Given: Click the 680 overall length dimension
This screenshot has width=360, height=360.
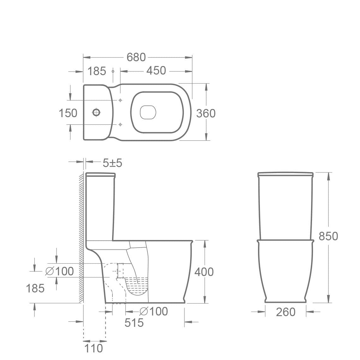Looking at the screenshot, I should [x=136, y=57].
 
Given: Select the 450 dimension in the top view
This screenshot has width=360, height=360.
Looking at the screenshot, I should [x=156, y=70].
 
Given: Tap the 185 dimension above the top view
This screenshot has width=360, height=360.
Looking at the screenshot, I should [x=97, y=71].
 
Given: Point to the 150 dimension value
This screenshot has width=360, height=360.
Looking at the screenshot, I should [x=68, y=113].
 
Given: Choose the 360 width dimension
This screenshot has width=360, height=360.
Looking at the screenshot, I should [x=206, y=113].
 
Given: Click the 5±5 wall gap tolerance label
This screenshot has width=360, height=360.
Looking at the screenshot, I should [x=112, y=163].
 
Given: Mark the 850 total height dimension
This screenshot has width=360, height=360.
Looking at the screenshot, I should [x=328, y=236].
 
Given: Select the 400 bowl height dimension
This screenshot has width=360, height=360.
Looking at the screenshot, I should [x=204, y=272].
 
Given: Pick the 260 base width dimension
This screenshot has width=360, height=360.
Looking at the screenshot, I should [x=285, y=312].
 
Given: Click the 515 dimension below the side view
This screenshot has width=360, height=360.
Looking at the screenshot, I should [x=134, y=323].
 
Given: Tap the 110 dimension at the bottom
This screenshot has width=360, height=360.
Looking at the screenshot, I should [x=94, y=348].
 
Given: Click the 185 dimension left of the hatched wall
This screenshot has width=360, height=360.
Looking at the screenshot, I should [x=35, y=288].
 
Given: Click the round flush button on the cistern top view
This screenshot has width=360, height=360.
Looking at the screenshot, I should [x=96, y=112].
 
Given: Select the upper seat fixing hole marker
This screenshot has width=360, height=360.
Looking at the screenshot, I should [x=120, y=100].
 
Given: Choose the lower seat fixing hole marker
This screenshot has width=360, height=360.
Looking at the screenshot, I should [x=120, y=124].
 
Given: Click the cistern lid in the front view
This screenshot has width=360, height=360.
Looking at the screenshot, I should [x=285, y=174].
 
